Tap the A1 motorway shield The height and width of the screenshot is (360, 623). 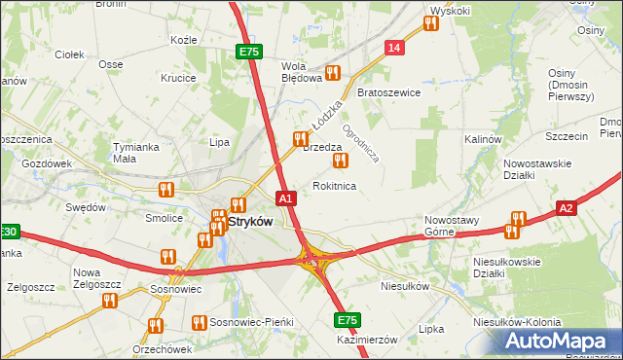coord(285,198)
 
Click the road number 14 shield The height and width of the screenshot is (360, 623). coord(394,48)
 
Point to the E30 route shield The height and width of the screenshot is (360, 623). coord(9,232)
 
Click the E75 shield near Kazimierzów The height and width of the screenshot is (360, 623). coord(348,320)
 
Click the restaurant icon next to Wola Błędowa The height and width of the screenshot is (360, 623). coord(333,72)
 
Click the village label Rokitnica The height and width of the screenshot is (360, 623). coord(334,186)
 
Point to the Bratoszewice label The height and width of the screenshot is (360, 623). coord(388,93)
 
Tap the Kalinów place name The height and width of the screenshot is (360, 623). coord(482,140)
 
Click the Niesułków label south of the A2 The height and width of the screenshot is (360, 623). coord(405,287)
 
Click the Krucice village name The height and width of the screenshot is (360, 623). coord(178,78)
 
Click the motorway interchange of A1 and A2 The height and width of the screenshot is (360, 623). coord(312,258)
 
